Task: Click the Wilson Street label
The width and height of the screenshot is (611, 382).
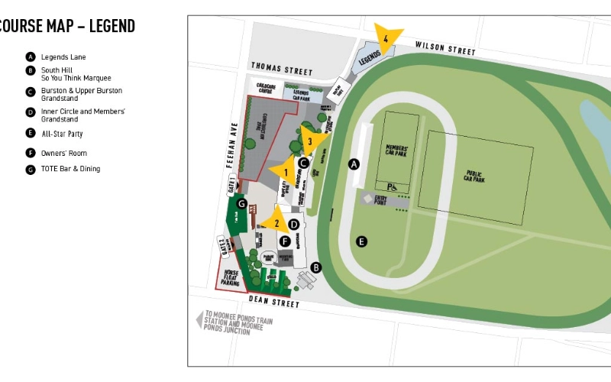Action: point(445,48)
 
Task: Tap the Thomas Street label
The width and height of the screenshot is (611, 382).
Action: point(282,70)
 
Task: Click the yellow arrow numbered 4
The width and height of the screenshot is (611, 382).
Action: point(386,38)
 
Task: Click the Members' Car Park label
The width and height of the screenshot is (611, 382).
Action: point(397,149)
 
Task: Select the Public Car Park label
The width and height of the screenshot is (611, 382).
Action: point(474,177)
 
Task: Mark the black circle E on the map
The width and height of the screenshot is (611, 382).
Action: point(362,241)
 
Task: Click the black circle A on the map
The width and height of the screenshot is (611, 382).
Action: point(354,163)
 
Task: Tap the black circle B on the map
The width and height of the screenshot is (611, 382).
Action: point(316,267)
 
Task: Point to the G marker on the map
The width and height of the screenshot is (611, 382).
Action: point(242,204)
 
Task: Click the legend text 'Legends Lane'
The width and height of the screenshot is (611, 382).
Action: point(63,57)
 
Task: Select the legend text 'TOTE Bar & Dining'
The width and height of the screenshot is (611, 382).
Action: point(70,169)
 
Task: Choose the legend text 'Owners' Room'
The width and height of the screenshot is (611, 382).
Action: point(64,153)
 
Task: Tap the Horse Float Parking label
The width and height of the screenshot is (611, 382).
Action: point(230,277)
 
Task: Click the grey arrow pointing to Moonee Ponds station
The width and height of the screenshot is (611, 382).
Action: point(200,319)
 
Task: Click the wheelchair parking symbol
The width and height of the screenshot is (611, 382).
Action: point(392,186)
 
